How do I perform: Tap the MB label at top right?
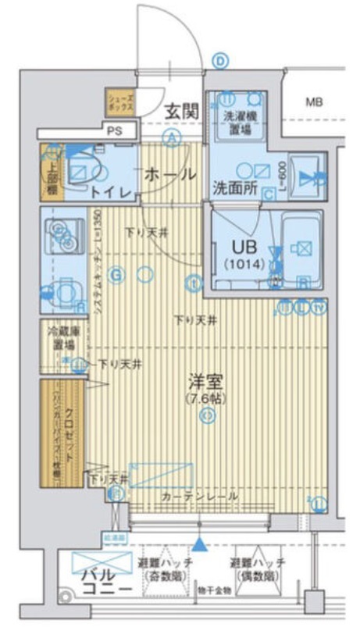313,102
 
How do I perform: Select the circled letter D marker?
221,61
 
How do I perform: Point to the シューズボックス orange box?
121,102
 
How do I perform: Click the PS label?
115,131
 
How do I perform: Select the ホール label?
169,175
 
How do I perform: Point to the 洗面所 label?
234,187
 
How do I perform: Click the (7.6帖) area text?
206,399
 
